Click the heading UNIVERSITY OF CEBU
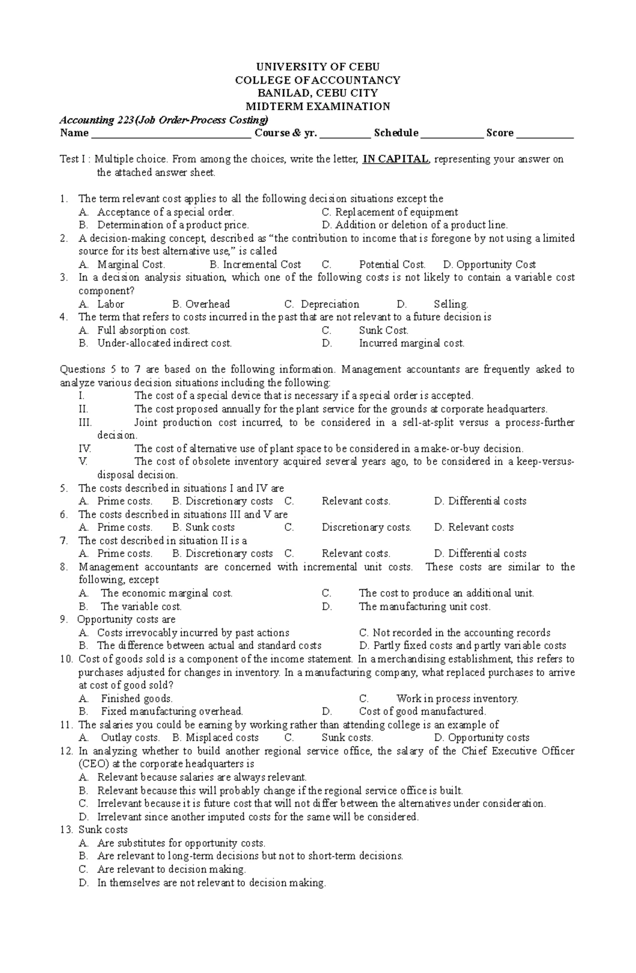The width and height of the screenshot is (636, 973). point(318,67)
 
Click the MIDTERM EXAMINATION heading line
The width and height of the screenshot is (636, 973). point(318,107)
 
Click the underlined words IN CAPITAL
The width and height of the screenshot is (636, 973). point(395,159)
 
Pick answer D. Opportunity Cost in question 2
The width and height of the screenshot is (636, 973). point(489,265)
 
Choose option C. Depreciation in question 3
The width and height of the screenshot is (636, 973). point(322,304)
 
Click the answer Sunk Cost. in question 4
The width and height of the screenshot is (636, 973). point(384,330)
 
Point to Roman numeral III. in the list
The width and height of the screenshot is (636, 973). point(85,423)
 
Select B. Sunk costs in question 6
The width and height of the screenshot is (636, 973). point(204,528)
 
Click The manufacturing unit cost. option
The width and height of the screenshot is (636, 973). point(425,607)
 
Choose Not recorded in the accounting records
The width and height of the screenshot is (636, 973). point(455,633)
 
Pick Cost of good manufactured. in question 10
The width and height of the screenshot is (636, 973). point(422,712)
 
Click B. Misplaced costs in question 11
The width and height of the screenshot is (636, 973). point(216,738)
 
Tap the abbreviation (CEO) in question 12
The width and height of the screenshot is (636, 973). point(94,764)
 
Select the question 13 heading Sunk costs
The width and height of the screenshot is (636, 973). point(103,830)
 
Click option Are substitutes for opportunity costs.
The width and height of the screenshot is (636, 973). point(181,843)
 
